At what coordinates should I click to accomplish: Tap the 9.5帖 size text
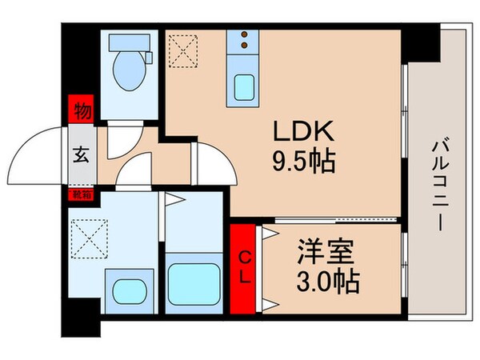[x=300, y=164]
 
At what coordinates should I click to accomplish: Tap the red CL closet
[x=246, y=270]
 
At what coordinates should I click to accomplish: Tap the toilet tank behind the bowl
[x=129, y=44]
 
